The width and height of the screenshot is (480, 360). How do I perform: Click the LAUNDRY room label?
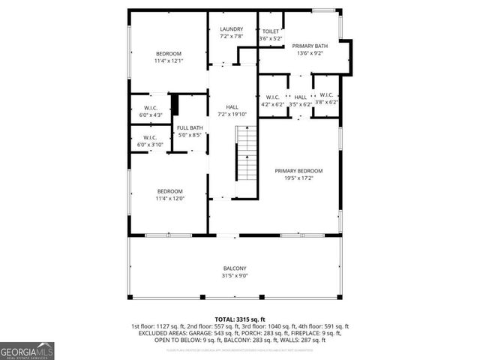coord(232,29)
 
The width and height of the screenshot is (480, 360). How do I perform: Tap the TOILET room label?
coord(271,31)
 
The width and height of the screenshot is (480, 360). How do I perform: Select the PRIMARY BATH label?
coord(310,46)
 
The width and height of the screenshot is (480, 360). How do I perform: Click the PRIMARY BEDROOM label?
coord(298,171)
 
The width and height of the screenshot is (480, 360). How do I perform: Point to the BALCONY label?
coord(235,268)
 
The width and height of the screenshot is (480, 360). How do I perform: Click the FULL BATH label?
coord(190,128)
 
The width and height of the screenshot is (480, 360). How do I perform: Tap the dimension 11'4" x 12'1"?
coord(169,61)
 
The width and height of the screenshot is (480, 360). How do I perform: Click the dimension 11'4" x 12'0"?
coord(169,198)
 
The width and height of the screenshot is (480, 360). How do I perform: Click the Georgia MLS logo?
coord(27,349)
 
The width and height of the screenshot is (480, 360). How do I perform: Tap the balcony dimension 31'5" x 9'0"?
coord(235,276)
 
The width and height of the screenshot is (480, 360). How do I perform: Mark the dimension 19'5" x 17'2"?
coord(298,178)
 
